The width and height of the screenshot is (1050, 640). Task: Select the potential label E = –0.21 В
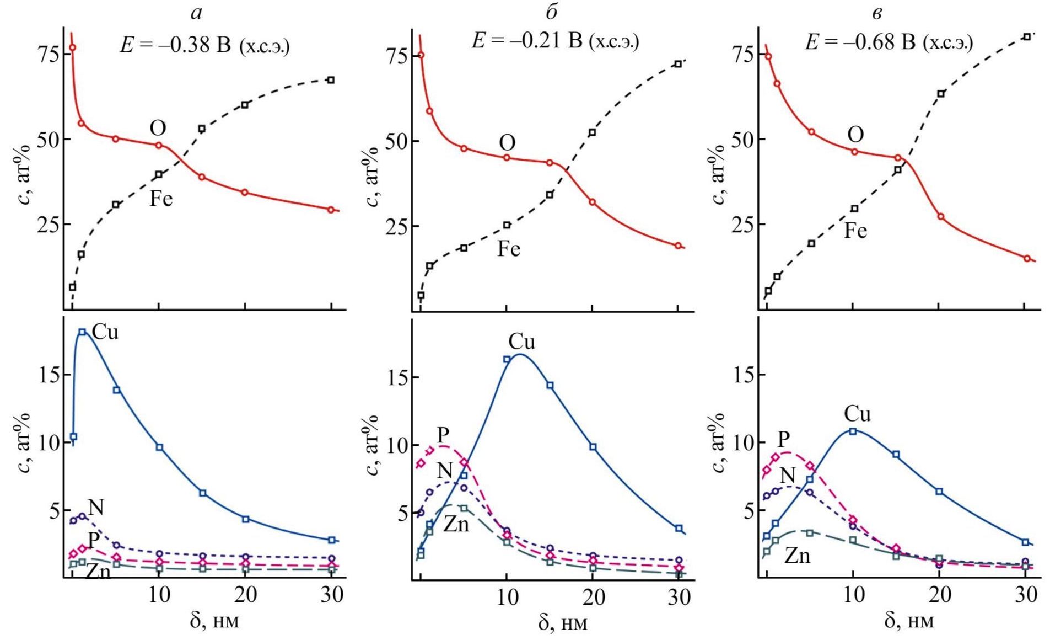coord(554,41)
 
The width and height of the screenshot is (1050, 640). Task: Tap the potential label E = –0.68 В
coord(888,42)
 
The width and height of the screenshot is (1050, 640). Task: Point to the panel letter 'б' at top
coord(551,12)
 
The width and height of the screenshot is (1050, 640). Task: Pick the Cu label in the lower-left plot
coord(105,332)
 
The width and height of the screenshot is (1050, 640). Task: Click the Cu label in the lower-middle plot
coord(521,342)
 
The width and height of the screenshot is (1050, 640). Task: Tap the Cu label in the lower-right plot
coord(857,414)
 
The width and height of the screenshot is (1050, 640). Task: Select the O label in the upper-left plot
coord(158,129)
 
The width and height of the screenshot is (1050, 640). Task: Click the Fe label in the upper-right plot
coord(855,231)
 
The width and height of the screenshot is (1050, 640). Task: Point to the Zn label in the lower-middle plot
coord(456,524)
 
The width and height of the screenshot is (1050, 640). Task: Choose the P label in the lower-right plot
coord(784,440)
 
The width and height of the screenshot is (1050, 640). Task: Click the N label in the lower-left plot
coord(96,508)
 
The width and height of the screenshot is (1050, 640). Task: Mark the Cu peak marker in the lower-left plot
coord(82,332)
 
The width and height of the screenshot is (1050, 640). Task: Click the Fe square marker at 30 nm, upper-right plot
coord(1026,37)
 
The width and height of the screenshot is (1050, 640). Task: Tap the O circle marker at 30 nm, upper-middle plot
coord(678,246)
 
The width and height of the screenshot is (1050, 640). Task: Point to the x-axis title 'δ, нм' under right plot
coord(909,621)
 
